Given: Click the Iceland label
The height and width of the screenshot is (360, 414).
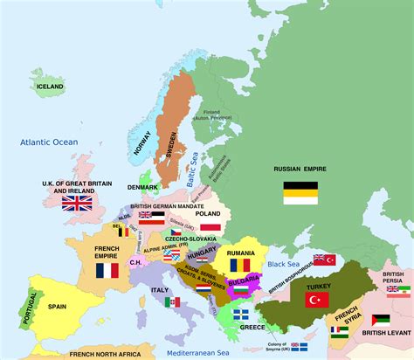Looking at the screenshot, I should coord(51,87).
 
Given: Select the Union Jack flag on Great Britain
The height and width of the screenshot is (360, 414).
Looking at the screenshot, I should coord(77,203).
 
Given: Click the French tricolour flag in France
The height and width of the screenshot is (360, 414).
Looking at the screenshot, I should coord(107,271).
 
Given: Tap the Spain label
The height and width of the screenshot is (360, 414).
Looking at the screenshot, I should coord(58,306).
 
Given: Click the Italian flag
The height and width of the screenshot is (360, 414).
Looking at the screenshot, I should coord(172,302).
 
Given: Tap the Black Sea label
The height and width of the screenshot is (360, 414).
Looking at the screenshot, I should coord(284,263).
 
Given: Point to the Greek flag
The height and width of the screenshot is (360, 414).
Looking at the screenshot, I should coord(241,314).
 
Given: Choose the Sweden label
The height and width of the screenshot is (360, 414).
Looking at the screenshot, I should coord(171,138).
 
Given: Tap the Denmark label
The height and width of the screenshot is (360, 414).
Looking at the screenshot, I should coord(143,188).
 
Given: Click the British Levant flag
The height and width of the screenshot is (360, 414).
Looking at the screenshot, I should coord(381,320).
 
